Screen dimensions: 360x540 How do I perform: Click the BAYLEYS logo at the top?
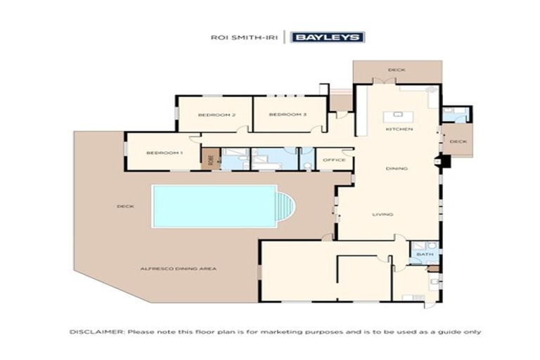click(328, 37)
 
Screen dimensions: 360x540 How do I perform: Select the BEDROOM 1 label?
click(164, 153)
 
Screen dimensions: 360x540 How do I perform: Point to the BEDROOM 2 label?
click(216, 115)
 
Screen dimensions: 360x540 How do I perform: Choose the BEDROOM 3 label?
click(288, 115)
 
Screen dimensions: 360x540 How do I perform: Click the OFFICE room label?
click(334, 160)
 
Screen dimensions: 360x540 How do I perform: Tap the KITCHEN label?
click(398, 130)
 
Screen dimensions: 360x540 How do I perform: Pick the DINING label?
click(397, 169)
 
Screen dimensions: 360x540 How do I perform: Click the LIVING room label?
click(382, 214)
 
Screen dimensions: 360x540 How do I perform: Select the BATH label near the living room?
click(424, 254)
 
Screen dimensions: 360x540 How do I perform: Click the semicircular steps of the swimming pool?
click(285, 206)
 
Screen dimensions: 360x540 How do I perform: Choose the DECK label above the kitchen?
click(397, 70)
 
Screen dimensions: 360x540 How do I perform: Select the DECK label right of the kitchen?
click(458, 141)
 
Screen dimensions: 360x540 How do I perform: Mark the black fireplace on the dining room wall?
click(442, 161)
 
